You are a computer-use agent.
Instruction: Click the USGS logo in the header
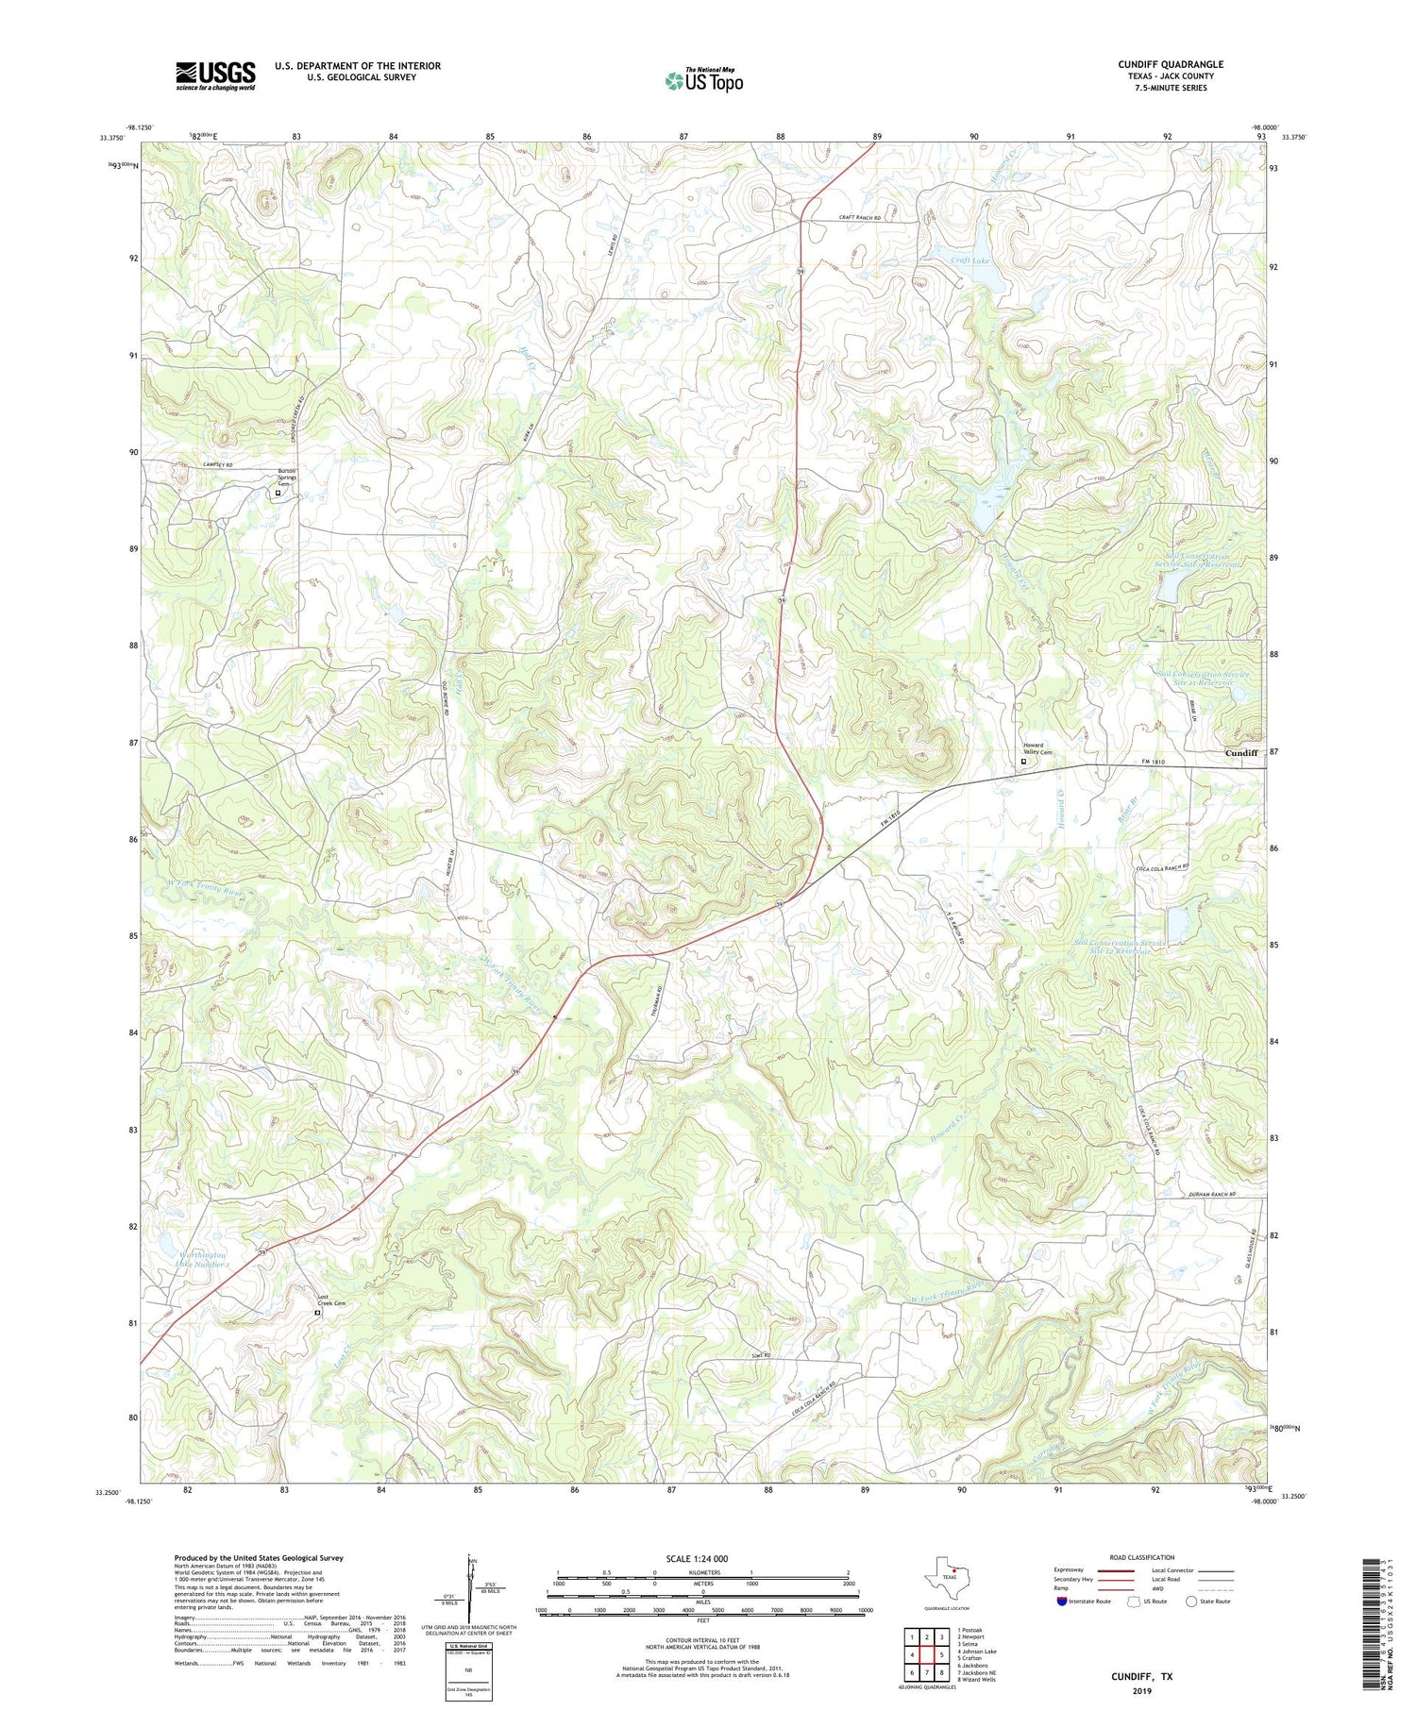pyautogui.click(x=215, y=75)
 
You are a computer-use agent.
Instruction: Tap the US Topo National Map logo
pyautogui.click(x=703, y=81)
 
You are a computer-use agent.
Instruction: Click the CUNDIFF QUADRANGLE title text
pyautogui.click(x=1171, y=64)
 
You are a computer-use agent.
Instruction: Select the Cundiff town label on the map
pyautogui.click(x=1240, y=753)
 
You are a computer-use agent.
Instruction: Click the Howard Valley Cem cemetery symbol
pyautogui.click(x=1023, y=762)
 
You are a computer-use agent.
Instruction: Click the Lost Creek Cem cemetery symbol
pyautogui.click(x=317, y=1312)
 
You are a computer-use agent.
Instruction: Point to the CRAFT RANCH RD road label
pyautogui.click(x=859, y=218)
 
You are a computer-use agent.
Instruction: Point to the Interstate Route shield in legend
pyautogui.click(x=1062, y=1601)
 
